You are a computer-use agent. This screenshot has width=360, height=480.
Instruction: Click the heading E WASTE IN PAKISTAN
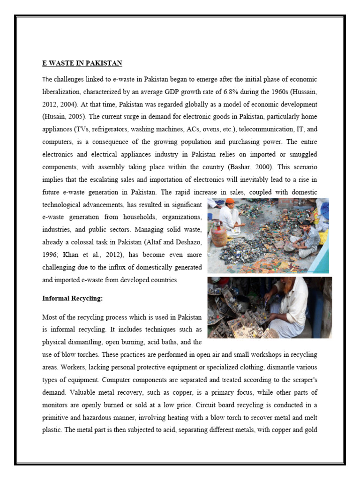[x=82, y=63]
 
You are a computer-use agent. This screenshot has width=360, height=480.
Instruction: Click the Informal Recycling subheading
[x=72, y=298]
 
